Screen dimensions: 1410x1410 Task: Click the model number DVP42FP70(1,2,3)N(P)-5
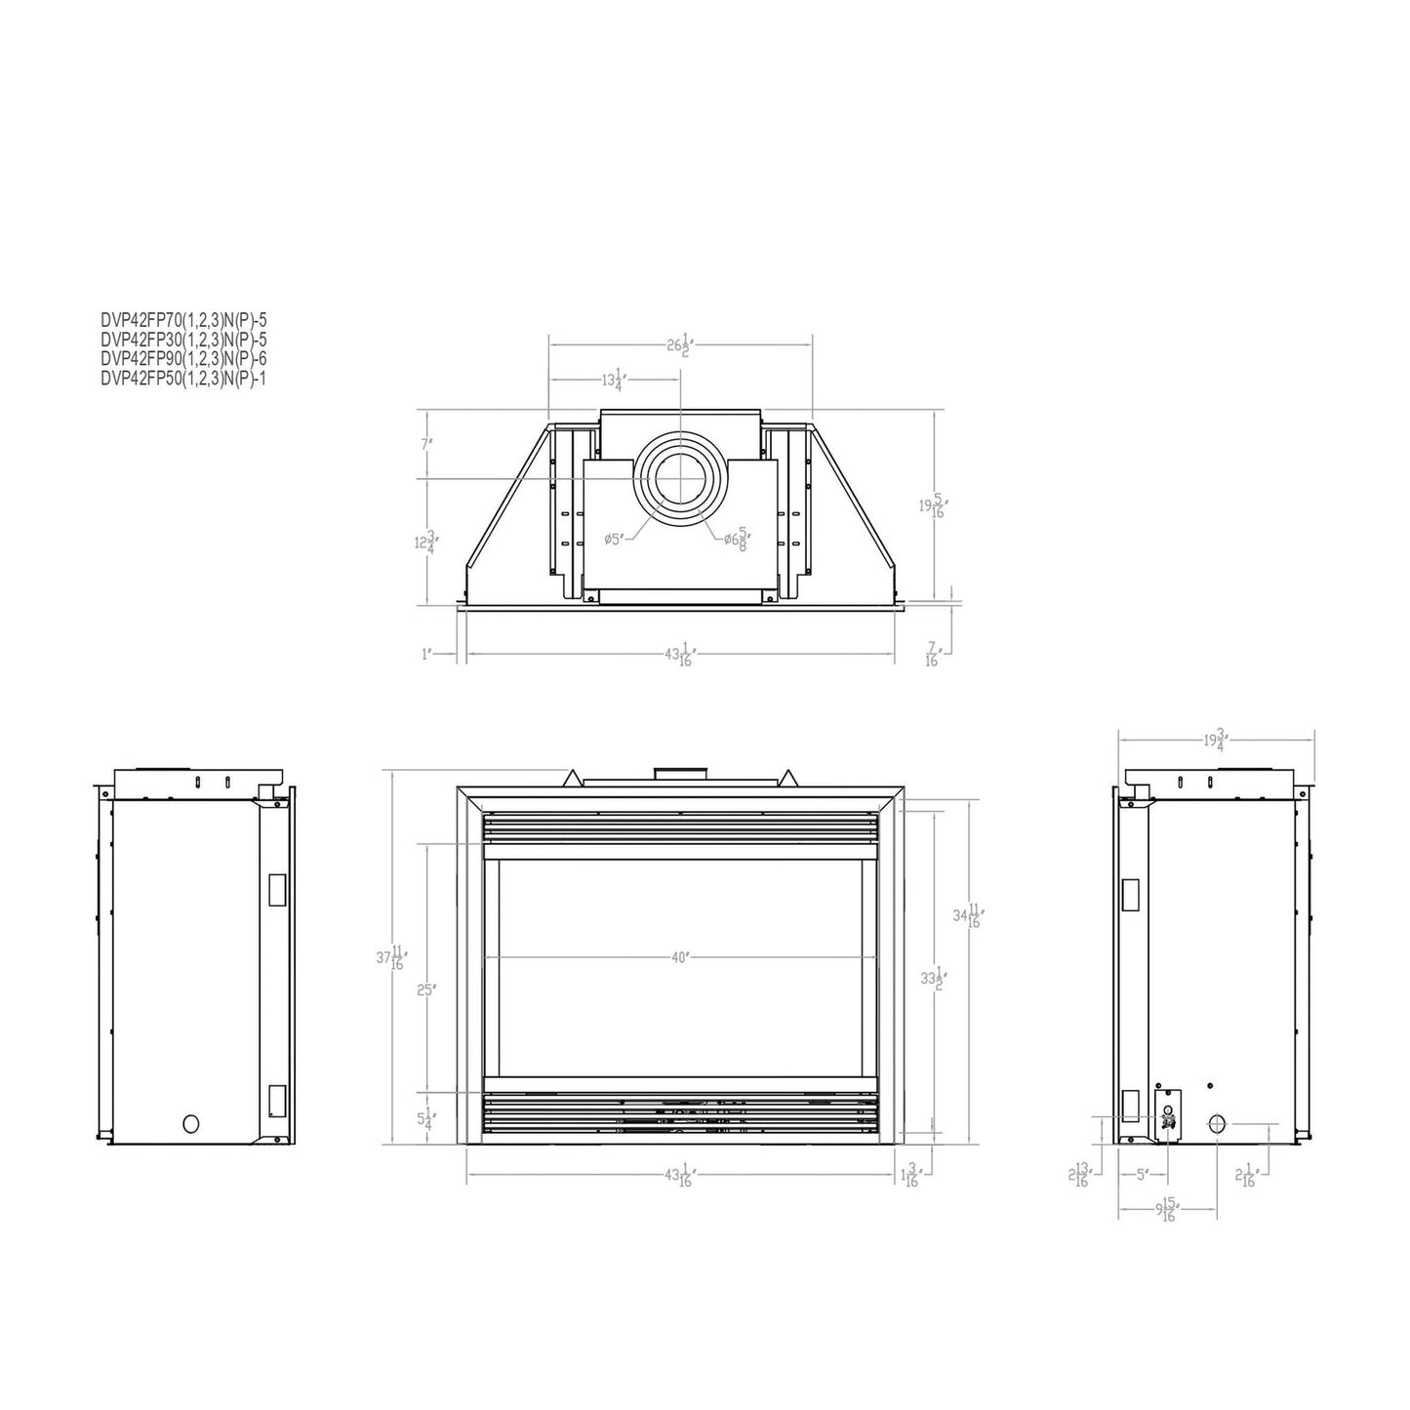coord(183,318)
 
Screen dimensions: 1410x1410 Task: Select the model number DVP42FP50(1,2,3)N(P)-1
coord(183,380)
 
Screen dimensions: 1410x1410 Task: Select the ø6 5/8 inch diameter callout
coord(738,537)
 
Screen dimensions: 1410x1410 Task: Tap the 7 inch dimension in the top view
coord(426,444)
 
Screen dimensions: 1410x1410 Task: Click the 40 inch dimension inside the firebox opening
coord(680,957)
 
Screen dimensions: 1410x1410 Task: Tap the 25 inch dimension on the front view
coord(424,989)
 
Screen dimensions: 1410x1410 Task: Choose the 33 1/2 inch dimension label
coord(935,978)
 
